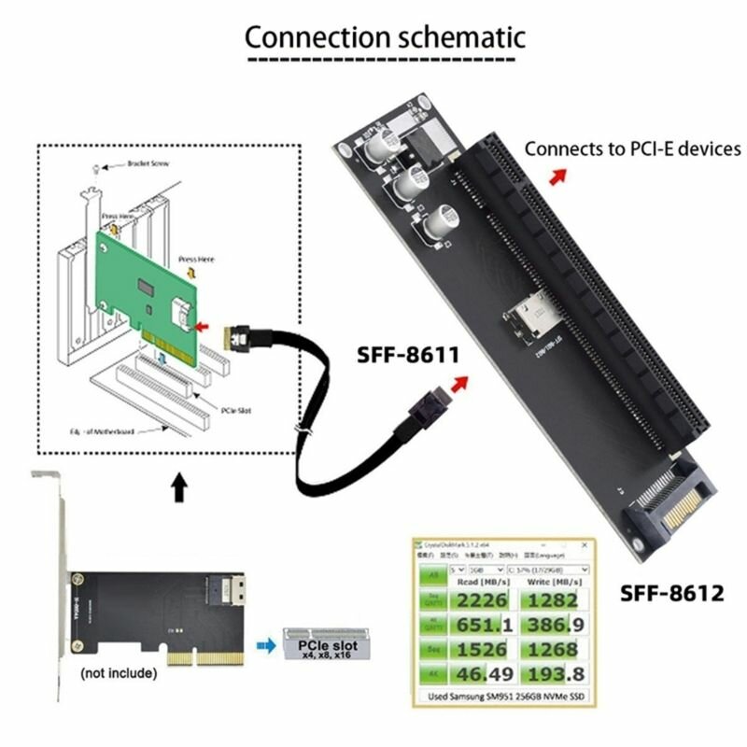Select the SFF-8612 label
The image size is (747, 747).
click(672, 592)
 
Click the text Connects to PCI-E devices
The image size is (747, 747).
click(632, 148)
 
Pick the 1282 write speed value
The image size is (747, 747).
click(556, 600)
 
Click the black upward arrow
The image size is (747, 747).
click(180, 487)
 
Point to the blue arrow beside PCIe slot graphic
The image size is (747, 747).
click(268, 645)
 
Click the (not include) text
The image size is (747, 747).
click(118, 672)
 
